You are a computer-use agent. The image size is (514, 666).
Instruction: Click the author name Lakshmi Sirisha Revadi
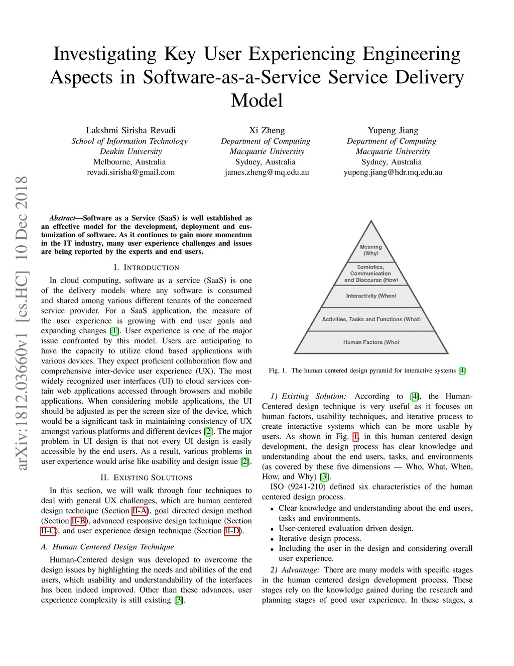[x=131, y=130]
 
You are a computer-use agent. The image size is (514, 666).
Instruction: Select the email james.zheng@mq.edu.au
[x=267, y=172]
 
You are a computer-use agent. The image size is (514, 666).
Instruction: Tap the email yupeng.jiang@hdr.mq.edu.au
[x=393, y=172]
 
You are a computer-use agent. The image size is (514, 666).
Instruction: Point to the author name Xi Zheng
[x=267, y=130]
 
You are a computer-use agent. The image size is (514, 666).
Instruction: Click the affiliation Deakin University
[x=131, y=151]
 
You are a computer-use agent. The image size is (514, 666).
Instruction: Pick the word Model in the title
[x=256, y=101]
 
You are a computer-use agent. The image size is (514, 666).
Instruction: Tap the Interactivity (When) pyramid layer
[x=371, y=296]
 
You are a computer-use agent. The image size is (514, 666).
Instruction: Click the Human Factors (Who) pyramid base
[x=371, y=342]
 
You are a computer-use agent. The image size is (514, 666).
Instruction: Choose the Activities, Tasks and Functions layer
[x=371, y=319]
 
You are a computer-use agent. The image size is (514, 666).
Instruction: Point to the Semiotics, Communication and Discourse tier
[x=371, y=273]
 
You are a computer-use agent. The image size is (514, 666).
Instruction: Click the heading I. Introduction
[x=146, y=267]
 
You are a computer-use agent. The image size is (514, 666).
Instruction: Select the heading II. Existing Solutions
[x=146, y=478]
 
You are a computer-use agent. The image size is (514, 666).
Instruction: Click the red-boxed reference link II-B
[x=78, y=521]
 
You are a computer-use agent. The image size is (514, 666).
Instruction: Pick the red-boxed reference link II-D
[x=232, y=531]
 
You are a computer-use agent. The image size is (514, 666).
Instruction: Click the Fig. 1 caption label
[x=278, y=370]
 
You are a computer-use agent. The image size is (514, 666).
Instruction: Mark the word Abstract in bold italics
[x=62, y=218]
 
